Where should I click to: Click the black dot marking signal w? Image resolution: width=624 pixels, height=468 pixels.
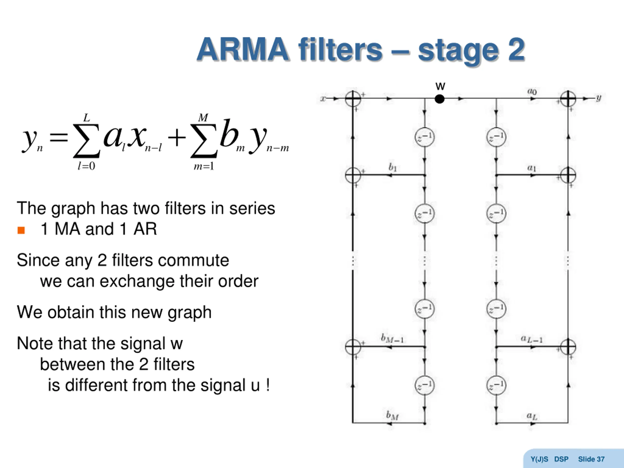pyautogui.click(x=439, y=99)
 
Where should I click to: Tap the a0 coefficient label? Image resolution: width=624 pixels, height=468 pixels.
pyautogui.click(x=532, y=91)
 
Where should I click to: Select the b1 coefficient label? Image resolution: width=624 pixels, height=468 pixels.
pyautogui.click(x=393, y=167)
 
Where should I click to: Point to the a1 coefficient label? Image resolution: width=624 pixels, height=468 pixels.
pyautogui.click(x=532, y=168)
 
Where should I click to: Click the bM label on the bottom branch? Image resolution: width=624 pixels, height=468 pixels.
pyautogui.click(x=392, y=416)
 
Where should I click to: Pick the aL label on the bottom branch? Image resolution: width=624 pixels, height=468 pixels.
pyautogui.click(x=532, y=416)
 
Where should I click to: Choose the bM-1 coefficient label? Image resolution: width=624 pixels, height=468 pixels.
pyautogui.click(x=392, y=338)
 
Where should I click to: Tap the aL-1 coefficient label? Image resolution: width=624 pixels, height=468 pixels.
pyautogui.click(x=531, y=339)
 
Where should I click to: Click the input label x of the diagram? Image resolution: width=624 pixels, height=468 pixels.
pyautogui.click(x=323, y=99)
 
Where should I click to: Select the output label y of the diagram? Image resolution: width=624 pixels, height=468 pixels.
pyautogui.click(x=599, y=98)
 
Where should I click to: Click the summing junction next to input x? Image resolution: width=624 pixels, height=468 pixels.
pyautogui.click(x=353, y=99)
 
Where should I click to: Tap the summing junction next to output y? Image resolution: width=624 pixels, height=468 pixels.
pyautogui.click(x=568, y=99)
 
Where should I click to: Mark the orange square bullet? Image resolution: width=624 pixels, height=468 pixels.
pyautogui.click(x=21, y=231)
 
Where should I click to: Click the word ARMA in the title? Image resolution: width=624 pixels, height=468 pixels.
pyautogui.click(x=243, y=50)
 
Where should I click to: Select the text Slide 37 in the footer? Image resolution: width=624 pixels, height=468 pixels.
pyautogui.click(x=591, y=459)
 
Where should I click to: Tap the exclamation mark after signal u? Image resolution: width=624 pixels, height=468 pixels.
pyautogui.click(x=267, y=385)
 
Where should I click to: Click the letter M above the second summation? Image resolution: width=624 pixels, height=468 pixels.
pyautogui.click(x=203, y=117)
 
